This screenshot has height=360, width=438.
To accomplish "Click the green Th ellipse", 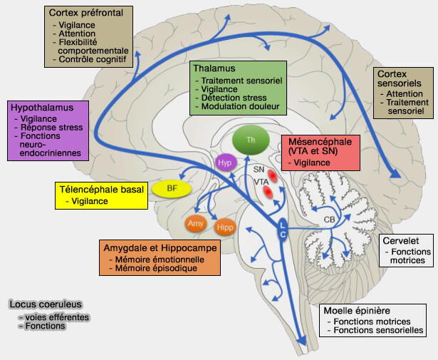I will [x=251, y=139].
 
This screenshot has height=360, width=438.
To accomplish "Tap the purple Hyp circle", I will [x=224, y=163].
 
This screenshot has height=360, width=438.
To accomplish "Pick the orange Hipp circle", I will [x=224, y=227].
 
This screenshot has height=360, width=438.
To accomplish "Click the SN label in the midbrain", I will [x=259, y=169].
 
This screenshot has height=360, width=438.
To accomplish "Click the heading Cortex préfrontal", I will [x=85, y=12].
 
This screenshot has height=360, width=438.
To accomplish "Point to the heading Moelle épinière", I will [x=358, y=311].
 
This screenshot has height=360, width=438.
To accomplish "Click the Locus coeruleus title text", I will [x=41, y=304].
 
